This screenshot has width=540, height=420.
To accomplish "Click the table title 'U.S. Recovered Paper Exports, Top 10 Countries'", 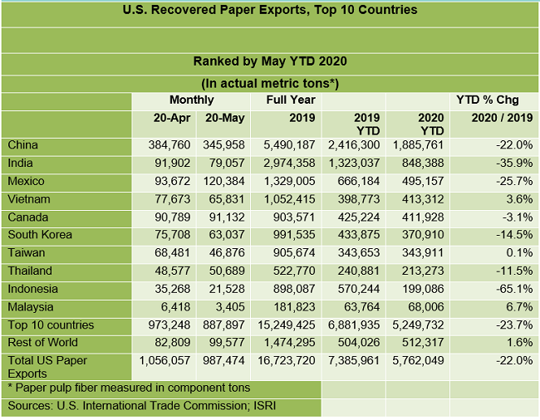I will [x=270, y=11].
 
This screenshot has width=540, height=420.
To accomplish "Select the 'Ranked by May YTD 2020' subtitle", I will [x=270, y=61].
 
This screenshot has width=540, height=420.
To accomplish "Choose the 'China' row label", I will [x=23, y=145].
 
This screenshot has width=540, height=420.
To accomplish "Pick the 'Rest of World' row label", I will [x=43, y=342].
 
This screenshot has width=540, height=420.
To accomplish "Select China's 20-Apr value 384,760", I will [x=167, y=145].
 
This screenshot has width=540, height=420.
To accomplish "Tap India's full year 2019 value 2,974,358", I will [x=286, y=164].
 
